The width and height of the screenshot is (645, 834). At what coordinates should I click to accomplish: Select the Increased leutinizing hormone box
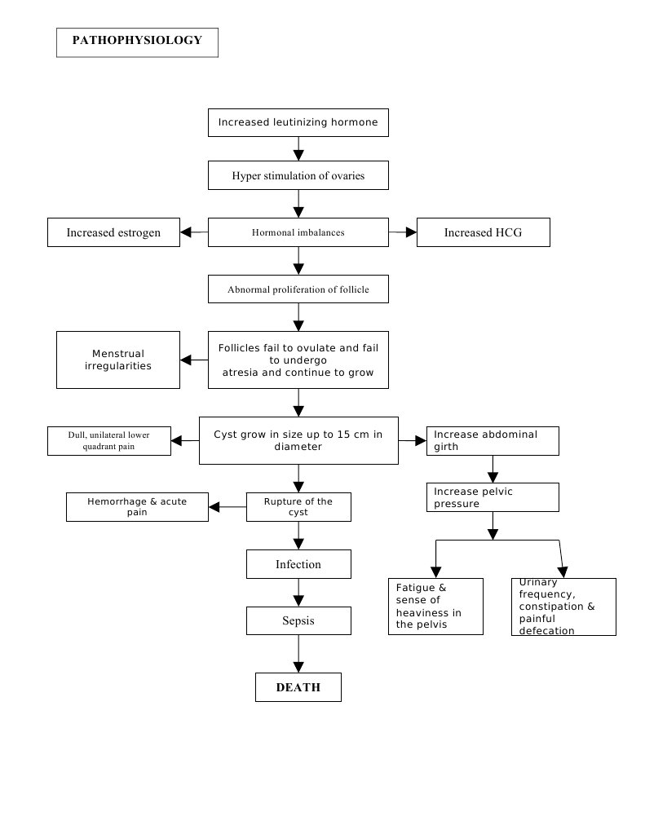point(298,122)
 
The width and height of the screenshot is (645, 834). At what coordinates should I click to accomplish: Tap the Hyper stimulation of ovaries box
point(298,175)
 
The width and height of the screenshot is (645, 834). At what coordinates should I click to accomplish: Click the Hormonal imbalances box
point(298,232)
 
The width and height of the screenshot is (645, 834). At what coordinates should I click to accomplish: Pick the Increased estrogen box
point(113,232)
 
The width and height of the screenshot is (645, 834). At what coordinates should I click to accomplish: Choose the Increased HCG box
point(483,232)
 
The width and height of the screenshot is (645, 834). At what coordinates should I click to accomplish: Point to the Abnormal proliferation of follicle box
point(298,289)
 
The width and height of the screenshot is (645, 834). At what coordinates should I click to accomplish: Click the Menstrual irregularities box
point(118,360)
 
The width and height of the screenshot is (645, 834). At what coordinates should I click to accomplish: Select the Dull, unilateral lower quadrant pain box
point(108,440)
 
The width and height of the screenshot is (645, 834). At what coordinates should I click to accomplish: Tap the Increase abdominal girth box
point(493,440)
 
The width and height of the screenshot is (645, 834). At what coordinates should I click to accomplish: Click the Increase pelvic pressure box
point(493,497)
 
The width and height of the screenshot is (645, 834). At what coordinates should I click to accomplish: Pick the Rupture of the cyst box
point(298,507)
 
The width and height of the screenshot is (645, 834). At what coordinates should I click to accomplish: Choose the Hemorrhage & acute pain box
point(137,507)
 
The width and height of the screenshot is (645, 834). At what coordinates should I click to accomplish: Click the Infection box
point(298,564)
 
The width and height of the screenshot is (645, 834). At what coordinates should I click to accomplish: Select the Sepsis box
point(298,621)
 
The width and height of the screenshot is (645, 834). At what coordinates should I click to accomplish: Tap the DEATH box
point(298,687)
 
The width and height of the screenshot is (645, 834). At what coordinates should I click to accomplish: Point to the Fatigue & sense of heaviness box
point(435,607)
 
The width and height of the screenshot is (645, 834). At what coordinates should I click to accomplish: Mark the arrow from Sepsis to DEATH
point(298,653)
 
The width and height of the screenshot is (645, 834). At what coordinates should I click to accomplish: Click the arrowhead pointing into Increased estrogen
point(187,232)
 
